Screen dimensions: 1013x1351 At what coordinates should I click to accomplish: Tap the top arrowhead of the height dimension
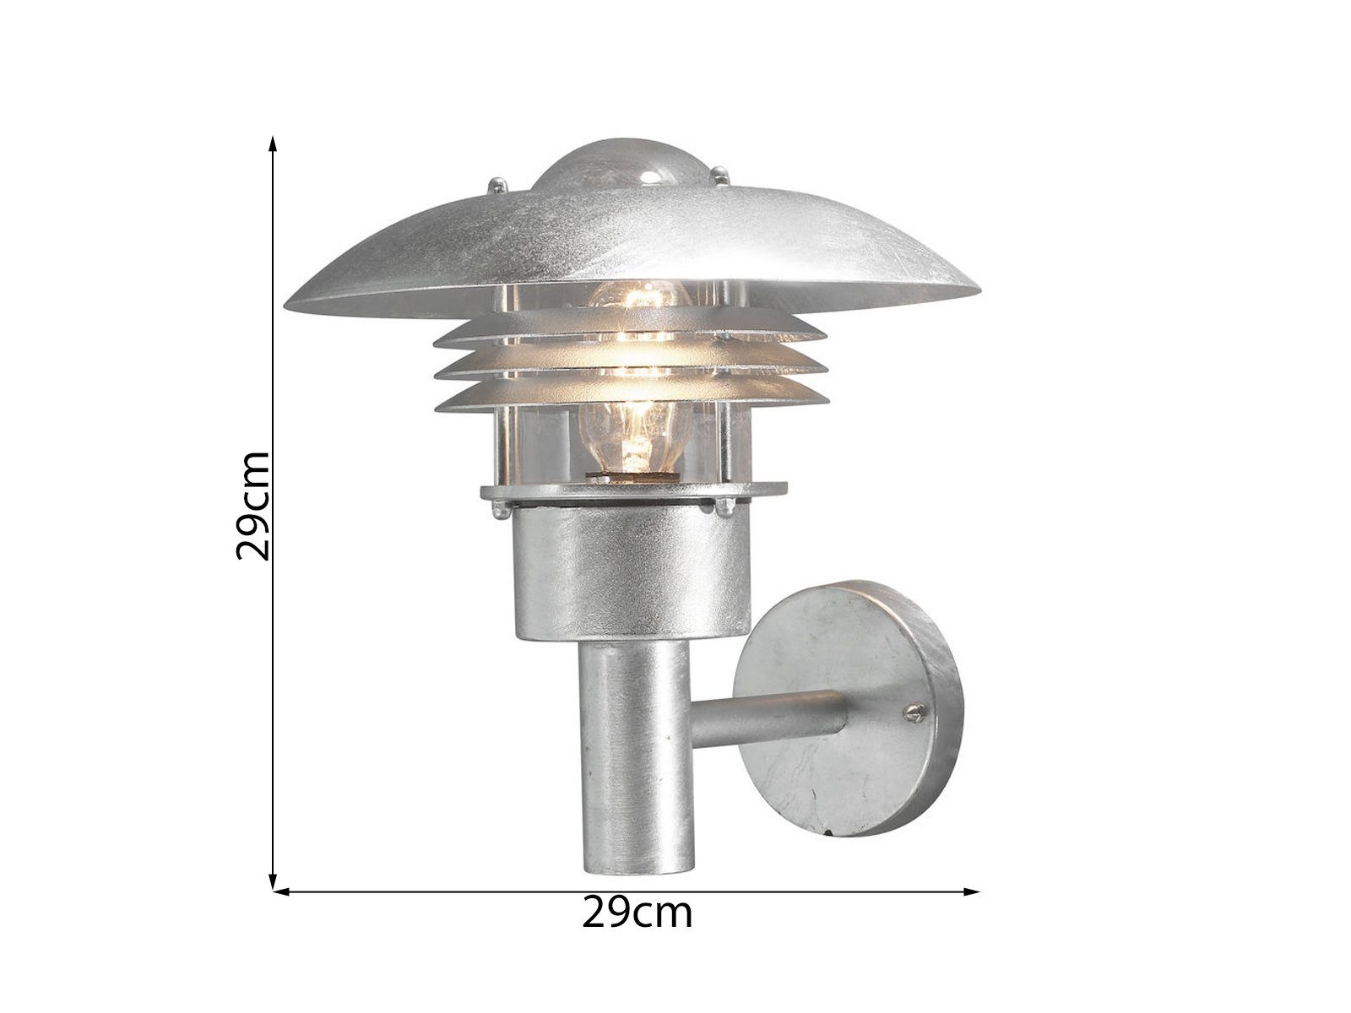273,142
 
